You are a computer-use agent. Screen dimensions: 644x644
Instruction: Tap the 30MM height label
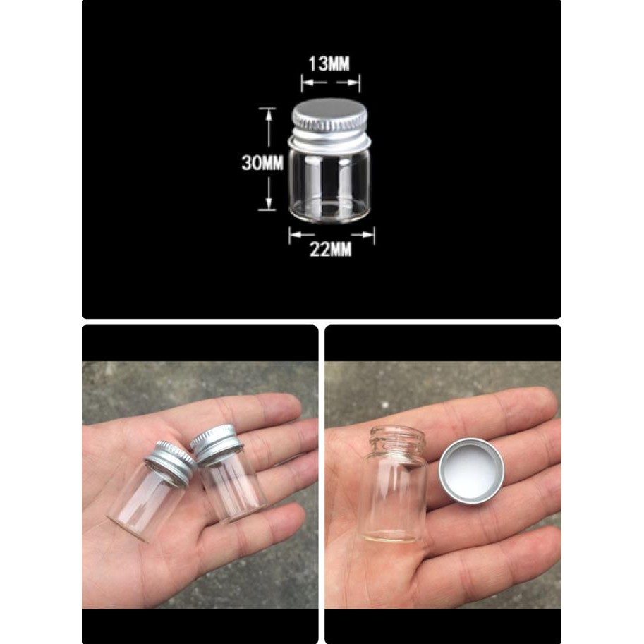pos(262,163)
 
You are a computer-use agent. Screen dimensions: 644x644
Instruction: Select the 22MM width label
pos(331,250)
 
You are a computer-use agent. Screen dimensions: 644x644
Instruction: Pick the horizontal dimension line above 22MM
pos(332,236)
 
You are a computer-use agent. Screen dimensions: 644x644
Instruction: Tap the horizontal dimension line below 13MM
pos(330,85)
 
